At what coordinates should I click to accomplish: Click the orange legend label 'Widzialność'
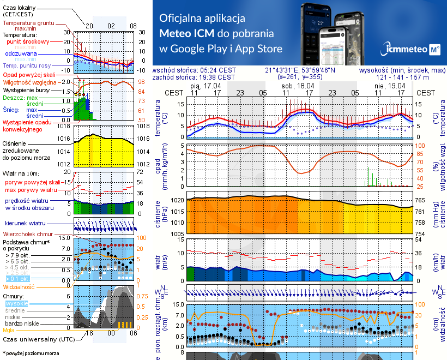click(x=19, y=286)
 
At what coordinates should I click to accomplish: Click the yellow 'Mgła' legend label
click(x=9, y=330)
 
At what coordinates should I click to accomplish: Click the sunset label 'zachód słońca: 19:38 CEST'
click(x=195, y=77)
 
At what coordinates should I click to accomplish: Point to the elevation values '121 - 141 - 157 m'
click(x=402, y=77)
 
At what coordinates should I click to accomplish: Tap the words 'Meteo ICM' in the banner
click(x=189, y=33)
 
